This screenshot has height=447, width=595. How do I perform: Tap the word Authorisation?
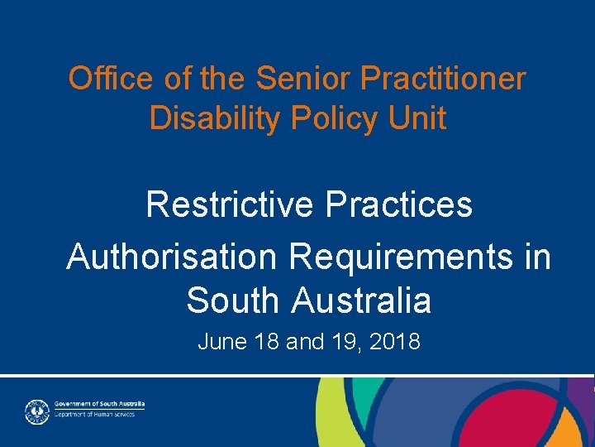point(172,257)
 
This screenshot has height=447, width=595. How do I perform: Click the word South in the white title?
point(234,300)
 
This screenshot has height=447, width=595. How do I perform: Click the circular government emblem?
point(36,411)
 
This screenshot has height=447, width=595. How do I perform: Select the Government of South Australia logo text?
point(99,403)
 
